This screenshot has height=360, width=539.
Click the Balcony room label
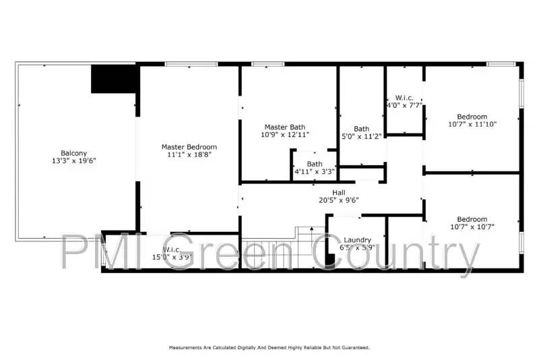[x=73, y=153]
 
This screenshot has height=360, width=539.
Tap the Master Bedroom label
[x=189, y=147]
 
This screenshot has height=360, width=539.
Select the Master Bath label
[x=285, y=127]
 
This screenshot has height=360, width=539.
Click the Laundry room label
[x=357, y=240]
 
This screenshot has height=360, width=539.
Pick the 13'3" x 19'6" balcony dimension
[x=73, y=162]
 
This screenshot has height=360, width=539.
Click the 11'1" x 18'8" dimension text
[x=189, y=155]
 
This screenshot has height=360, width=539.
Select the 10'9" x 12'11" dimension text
[x=285, y=135]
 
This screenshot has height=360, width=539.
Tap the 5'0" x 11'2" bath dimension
[x=362, y=137]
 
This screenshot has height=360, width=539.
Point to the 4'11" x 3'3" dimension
[x=315, y=172]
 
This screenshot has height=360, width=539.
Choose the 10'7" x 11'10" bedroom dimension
[x=472, y=125]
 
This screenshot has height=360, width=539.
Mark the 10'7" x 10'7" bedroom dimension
[x=472, y=227]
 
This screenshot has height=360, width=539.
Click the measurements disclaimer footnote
[x=269, y=347]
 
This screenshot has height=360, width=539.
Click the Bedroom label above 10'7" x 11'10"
[x=472, y=117]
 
